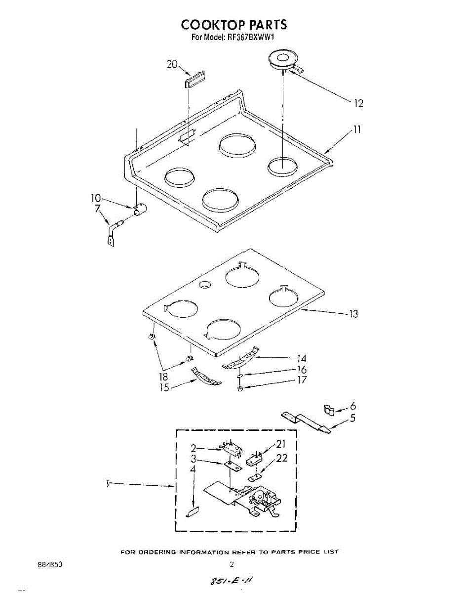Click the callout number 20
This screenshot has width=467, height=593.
click(x=172, y=64)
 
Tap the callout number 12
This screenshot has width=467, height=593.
click(x=358, y=103)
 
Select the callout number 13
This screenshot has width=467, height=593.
click(x=353, y=314)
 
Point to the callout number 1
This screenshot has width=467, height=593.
click(x=108, y=484)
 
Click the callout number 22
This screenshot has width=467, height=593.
click(x=282, y=458)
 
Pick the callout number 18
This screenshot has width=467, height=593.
click(x=163, y=377)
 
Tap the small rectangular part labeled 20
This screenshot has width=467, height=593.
click(x=195, y=79)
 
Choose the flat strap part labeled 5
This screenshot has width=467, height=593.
click(x=306, y=423)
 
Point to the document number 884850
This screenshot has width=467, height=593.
click(x=50, y=564)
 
